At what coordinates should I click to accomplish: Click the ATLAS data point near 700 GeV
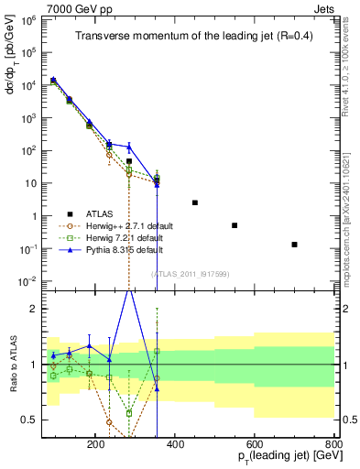pyautogui.click(x=294, y=245)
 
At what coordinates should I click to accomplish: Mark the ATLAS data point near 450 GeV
pyautogui.click(x=194, y=202)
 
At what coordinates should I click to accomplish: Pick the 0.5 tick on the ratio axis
pyautogui.click(x=31, y=420)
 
